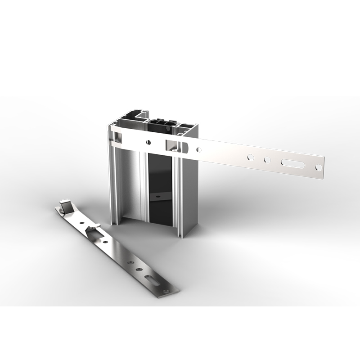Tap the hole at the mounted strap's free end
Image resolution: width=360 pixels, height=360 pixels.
[x=319, y=167]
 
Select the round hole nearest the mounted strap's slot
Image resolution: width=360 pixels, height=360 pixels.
[x=267, y=160]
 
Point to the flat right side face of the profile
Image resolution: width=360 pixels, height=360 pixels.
[x=190, y=193]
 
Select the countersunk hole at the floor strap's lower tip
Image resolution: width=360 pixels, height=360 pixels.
[x=167, y=292]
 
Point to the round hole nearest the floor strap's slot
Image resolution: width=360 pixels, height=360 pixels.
[x=139, y=269]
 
